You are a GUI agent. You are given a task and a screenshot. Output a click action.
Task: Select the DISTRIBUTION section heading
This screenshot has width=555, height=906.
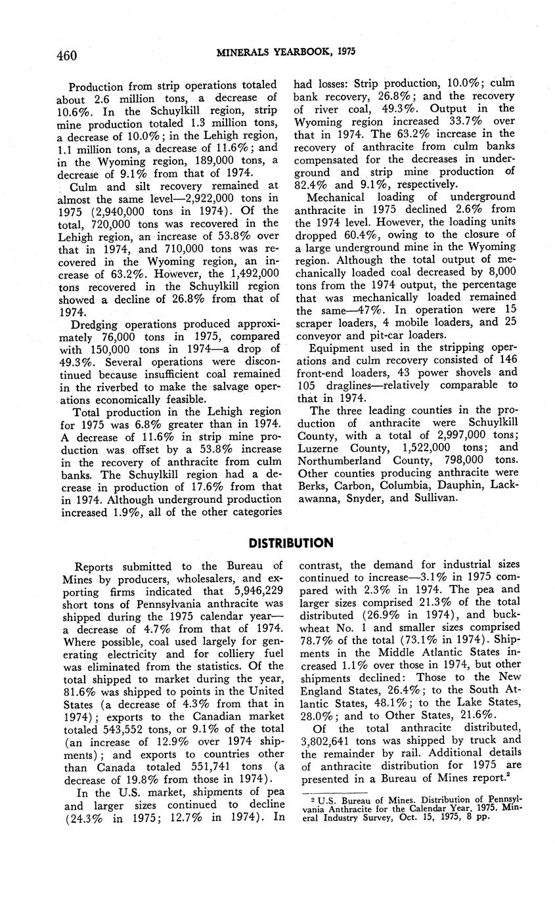click(x=290, y=543)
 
